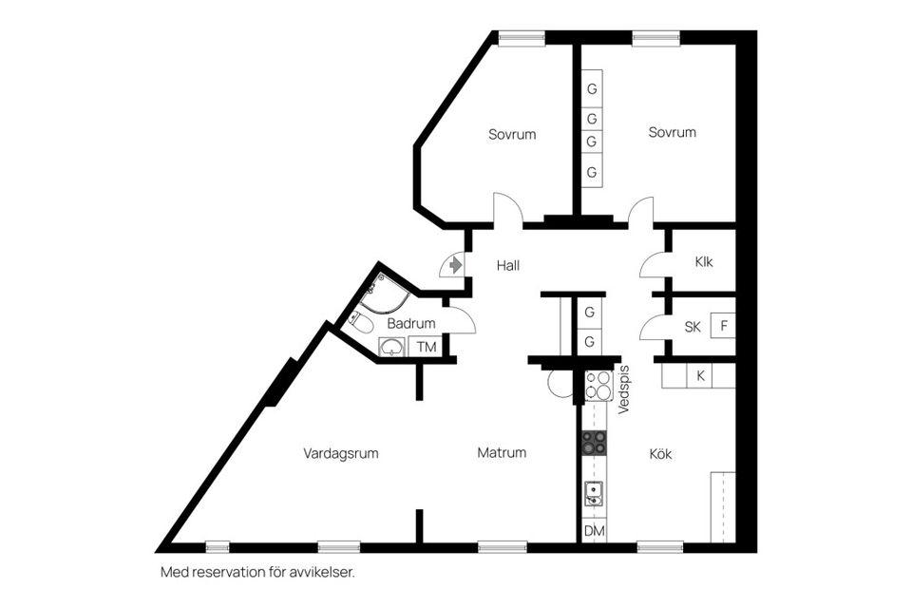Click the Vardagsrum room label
[x=341, y=453]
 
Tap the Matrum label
[x=502, y=453]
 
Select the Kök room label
[x=660, y=454]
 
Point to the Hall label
[x=507, y=266]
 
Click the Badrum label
[x=411, y=323]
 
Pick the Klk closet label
[x=703, y=262]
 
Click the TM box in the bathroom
[x=427, y=347]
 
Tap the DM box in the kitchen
[x=594, y=530]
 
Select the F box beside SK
[x=724, y=327]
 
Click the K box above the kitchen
[x=700, y=376]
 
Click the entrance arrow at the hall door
[x=456, y=263]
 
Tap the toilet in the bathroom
[x=360, y=323]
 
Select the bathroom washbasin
[x=391, y=348]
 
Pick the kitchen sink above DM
[x=594, y=493]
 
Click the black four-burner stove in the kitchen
[x=595, y=442]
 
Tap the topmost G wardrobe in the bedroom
[x=592, y=90]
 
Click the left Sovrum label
[x=512, y=134]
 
